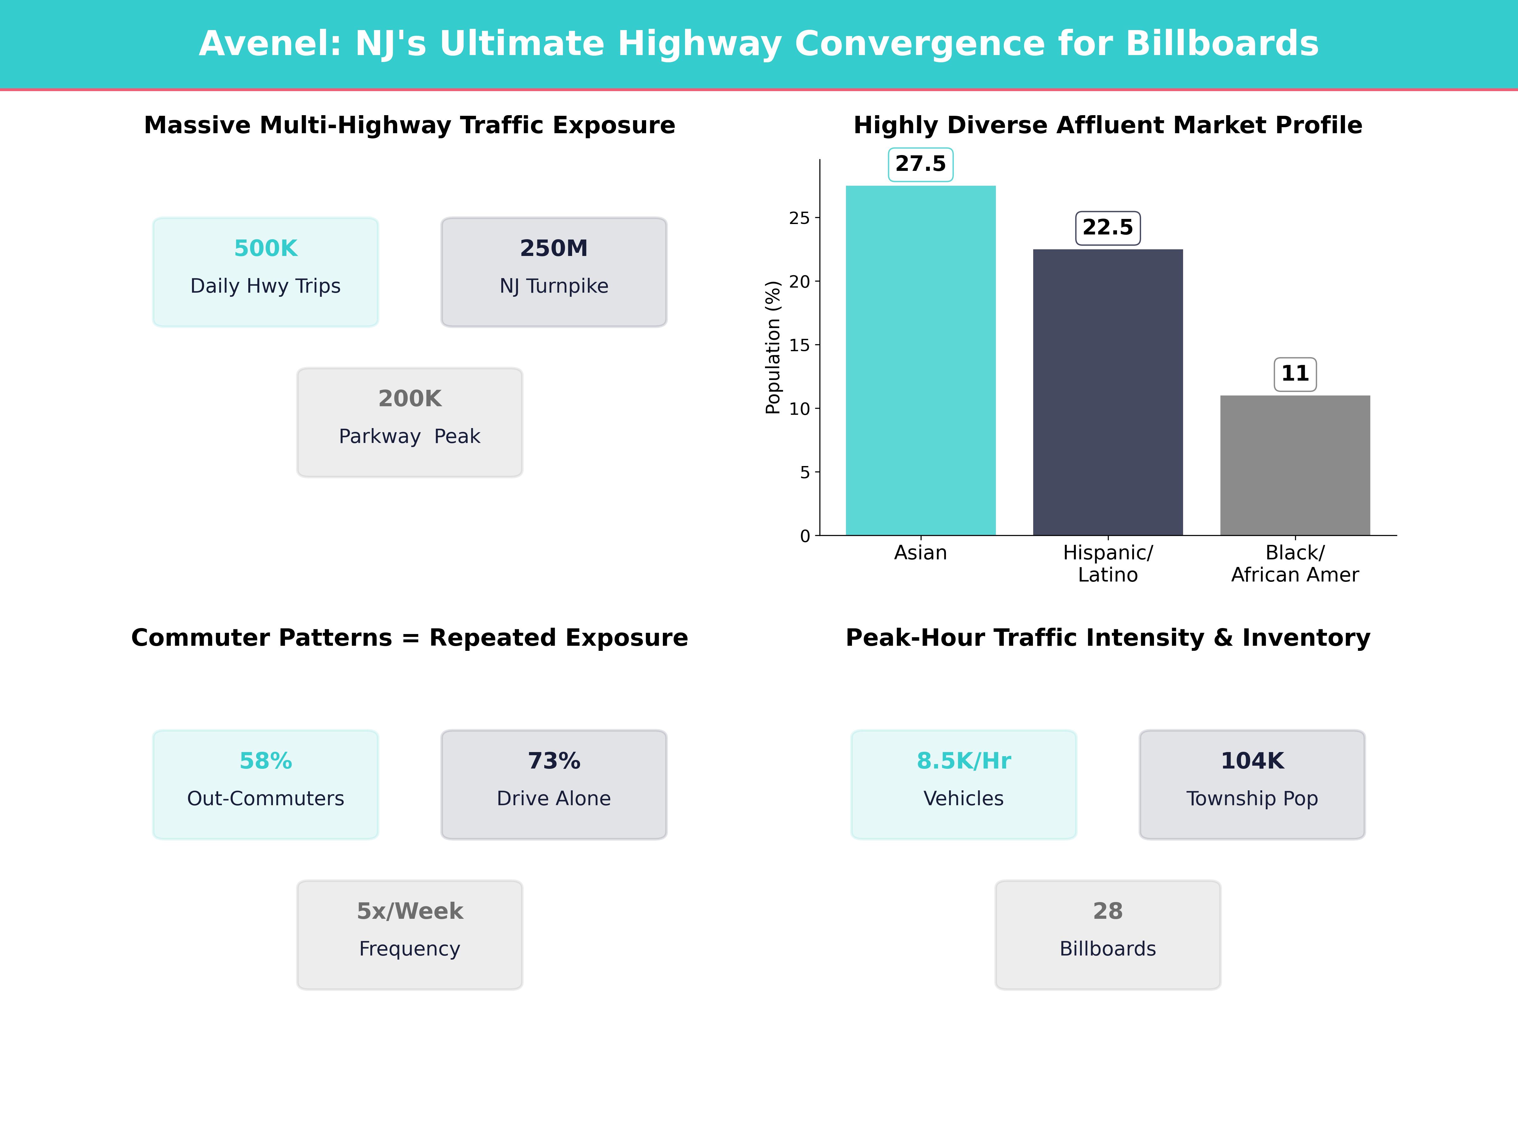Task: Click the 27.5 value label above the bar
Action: pyautogui.click(x=920, y=164)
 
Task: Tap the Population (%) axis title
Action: pyautogui.click(x=773, y=347)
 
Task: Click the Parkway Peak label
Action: pyautogui.click(x=410, y=437)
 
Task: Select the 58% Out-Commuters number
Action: pyautogui.click(x=266, y=761)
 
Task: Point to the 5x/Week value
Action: pyautogui.click(x=410, y=911)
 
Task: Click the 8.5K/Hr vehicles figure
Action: pyautogui.click(x=964, y=761)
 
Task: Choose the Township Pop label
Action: pyautogui.click(x=1252, y=799)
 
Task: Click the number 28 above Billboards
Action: pyautogui.click(x=1108, y=911)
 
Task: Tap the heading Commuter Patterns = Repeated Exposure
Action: pyautogui.click(x=410, y=638)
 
